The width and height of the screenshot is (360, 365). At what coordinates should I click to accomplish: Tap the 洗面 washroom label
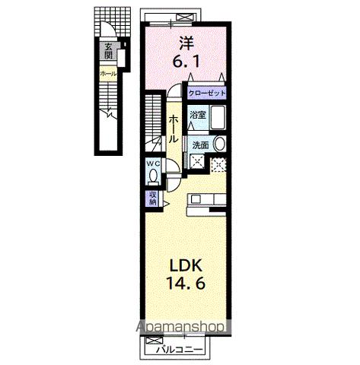click(200, 144)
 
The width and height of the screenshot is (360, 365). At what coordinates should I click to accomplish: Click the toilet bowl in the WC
click(154, 176)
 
